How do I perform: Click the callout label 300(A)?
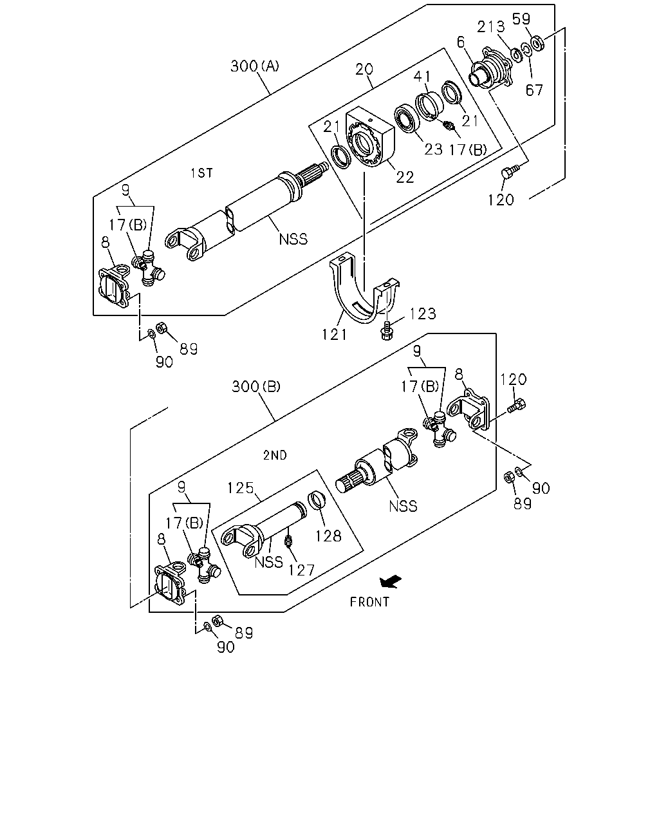pos(255,66)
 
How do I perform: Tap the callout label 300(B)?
pos(256,386)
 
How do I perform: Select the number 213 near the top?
pos(491,27)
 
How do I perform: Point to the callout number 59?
pos(521,19)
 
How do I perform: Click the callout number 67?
pos(534,90)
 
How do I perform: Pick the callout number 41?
pos(422,77)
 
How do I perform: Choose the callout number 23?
pos(434,149)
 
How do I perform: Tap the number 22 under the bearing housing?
pos(405,177)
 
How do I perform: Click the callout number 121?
pos(334,335)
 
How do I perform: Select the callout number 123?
pos(423,314)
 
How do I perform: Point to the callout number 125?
pos(241,488)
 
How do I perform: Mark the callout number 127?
pos(301,570)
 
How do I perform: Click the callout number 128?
pos(328,536)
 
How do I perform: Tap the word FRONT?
pos(369,603)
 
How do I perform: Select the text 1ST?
pos(202,173)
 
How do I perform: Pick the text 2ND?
pos(275,455)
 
